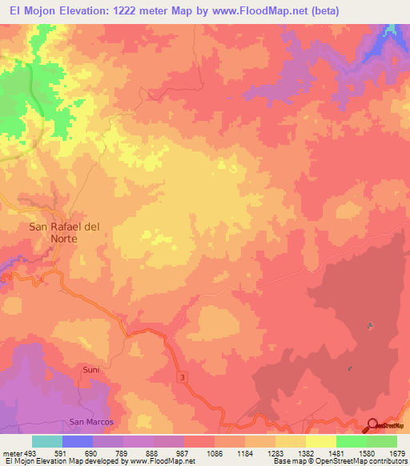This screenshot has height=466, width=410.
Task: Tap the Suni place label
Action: point(90,370)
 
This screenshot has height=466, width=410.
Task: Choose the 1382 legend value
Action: point(305,452)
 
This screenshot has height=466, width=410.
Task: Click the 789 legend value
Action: point(123,452)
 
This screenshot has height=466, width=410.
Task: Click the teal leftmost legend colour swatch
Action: point(47,441)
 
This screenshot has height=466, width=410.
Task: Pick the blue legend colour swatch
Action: point(78,441)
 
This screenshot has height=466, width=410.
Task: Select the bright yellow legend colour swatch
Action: point(320,441)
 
